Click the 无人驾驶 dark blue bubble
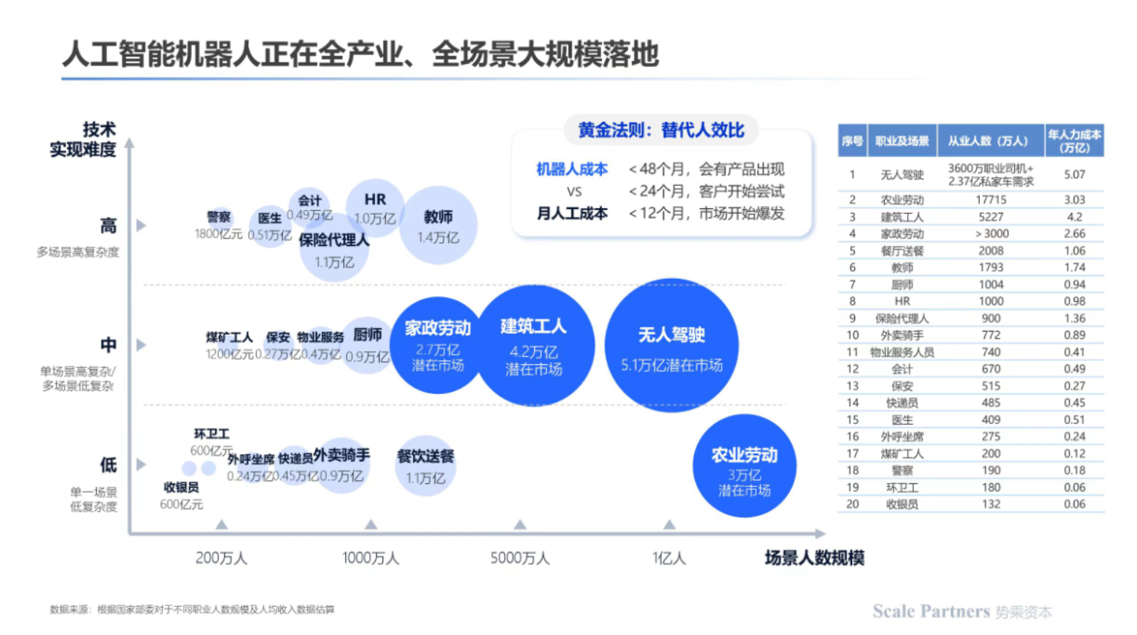[671, 345]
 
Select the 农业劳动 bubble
[744, 466]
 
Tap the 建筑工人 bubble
[534, 345]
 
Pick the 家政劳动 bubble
[438, 345]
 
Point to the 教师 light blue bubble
[438, 225]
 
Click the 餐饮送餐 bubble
[425, 465]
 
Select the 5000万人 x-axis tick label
[519, 558]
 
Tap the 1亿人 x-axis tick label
[669, 558]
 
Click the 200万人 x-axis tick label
[221, 558]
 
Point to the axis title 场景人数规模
[814, 558]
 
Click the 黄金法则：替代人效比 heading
[661, 130]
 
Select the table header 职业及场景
[902, 141]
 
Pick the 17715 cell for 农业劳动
[990, 200]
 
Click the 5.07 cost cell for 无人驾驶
[1074, 175]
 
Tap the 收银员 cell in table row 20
[902, 504]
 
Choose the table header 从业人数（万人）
[990, 141]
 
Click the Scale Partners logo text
[931, 611]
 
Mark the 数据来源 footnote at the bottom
[192, 610]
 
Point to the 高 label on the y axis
[109, 225]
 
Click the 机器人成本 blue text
[571, 170]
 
